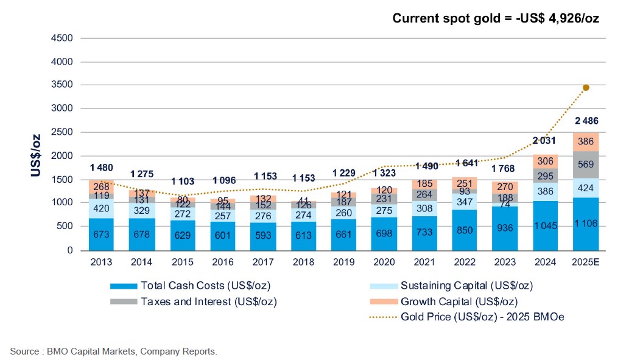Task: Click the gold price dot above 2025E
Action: tap(586, 88)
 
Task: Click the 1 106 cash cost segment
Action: tap(585, 224)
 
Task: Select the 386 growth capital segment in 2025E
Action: tap(585, 142)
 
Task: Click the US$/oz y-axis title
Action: tap(37, 156)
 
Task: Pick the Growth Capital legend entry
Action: tap(451, 301)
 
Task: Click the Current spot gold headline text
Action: tap(496, 18)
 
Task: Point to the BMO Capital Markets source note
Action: tap(113, 351)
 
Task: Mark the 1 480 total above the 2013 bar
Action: tap(101, 168)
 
